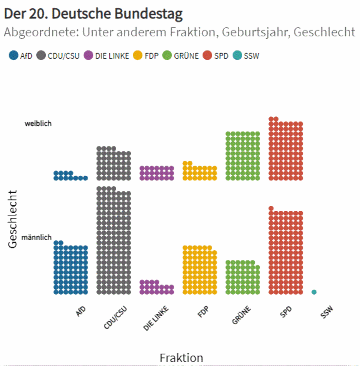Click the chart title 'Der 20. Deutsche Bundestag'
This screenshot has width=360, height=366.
(93, 14)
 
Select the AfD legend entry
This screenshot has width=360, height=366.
(21, 56)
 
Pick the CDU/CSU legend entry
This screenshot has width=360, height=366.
(58, 56)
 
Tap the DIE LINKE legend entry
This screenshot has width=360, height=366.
(106, 56)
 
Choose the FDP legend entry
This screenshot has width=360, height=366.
(146, 56)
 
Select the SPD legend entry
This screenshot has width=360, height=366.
(216, 56)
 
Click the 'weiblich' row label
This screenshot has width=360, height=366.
(38, 123)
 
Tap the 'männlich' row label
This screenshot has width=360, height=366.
(36, 237)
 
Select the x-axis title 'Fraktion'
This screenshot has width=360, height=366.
(181, 358)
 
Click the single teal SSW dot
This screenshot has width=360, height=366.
(314, 292)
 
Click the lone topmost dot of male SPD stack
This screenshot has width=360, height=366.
(271, 208)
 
